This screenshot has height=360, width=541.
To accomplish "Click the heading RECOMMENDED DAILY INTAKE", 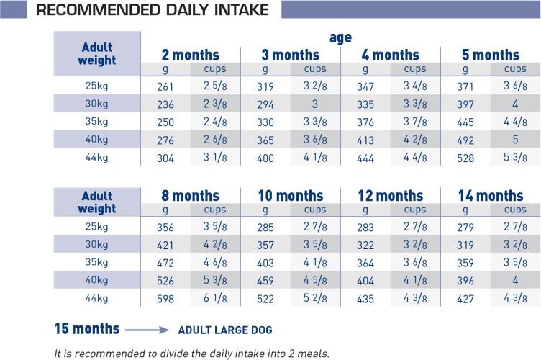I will click(142, 10).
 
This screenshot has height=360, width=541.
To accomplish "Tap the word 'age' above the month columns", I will click(340, 38).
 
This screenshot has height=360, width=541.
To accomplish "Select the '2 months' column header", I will click(191, 55).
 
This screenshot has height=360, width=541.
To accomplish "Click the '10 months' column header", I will click(290, 195).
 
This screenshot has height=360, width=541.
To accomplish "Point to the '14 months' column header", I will click(490, 195).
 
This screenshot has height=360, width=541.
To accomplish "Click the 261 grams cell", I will click(165, 86).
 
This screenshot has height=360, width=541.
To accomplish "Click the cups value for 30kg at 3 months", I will click(315, 104).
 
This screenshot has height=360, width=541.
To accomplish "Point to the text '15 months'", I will click(86, 328).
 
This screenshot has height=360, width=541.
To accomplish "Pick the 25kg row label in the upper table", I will click(96, 86).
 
